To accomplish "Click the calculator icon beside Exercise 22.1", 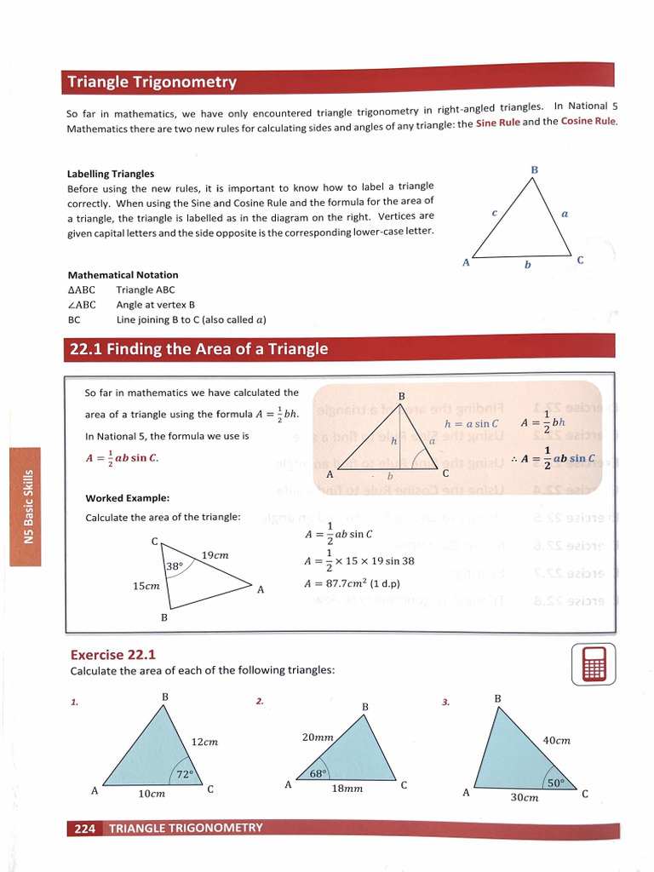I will coord(594,663).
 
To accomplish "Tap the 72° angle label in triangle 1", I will coord(185,774).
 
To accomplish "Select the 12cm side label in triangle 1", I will coord(204,742).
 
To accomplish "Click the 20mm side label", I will coord(317,737).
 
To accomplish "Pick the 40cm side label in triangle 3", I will coord(556,740).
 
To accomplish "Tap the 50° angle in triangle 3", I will coord(556,783).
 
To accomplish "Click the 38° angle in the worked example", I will coord(174,565).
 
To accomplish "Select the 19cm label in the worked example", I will coord(215,555).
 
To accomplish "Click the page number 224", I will coord(84,828).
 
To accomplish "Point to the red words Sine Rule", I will coord(497,123).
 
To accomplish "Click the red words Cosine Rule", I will coord(588,121).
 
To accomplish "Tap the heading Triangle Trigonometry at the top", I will coord(152,83).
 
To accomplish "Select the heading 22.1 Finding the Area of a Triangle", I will coord(198,349).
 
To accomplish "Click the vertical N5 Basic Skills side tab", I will coord(28,506).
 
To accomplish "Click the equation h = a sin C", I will coord(471,423).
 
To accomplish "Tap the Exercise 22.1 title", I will coord(113,655).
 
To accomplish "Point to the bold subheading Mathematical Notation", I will coord(123,275).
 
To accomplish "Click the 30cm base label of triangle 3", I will coord(525,798).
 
